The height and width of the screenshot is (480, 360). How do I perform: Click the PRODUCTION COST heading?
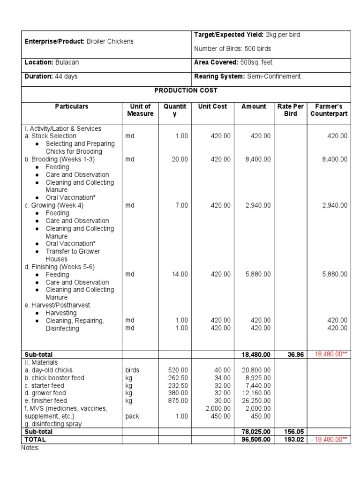[186, 90]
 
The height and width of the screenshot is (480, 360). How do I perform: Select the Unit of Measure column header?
[140, 110]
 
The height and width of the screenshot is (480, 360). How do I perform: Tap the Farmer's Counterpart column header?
[329, 110]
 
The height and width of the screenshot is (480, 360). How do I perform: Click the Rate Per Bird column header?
[290, 110]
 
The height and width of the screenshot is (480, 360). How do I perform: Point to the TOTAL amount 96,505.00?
[254, 440]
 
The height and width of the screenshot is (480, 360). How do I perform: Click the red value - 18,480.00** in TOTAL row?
[330, 440]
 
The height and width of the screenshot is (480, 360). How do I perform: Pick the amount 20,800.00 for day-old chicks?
[256, 370]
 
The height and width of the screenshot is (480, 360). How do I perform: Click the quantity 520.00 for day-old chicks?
[178, 370]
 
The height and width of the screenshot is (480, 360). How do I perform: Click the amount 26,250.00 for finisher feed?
[256, 401]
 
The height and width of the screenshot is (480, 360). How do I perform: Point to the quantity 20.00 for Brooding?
[180, 159]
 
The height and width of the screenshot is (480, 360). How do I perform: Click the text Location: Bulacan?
[49, 62]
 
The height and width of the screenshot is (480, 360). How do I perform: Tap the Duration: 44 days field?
[51, 76]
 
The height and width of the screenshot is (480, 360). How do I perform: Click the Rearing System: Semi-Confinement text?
[247, 76]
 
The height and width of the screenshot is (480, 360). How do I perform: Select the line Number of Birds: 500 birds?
[232, 49]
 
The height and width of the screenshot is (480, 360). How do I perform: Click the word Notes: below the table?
[31, 448]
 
